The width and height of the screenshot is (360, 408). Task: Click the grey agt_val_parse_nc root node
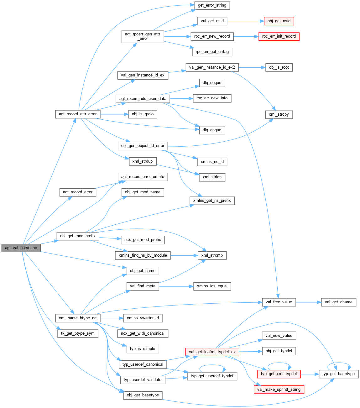coord(21,248)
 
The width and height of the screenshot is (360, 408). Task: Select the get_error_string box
coord(212,5)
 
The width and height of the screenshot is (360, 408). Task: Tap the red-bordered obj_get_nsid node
coord(279,21)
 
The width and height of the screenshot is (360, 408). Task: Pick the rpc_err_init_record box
coord(279,36)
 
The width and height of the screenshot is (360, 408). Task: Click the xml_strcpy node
coord(279,114)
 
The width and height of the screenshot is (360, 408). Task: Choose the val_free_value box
coord(279,302)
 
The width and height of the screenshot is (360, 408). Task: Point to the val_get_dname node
coord(339,302)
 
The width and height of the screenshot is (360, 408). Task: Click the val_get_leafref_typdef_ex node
coord(212,352)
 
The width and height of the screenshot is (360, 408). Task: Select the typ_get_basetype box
coord(338,374)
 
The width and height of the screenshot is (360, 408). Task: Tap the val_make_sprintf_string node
coord(279,390)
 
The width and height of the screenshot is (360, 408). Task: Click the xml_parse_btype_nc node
coord(78,318)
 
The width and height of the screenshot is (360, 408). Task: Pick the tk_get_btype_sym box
coord(78,333)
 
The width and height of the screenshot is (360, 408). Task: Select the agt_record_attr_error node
coord(78,114)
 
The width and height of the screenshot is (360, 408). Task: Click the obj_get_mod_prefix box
coord(78,236)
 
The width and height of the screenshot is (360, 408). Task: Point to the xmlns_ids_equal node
coord(212,286)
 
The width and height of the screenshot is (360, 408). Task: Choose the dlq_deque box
coord(212,83)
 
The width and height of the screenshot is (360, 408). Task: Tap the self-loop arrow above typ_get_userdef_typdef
coord(212,365)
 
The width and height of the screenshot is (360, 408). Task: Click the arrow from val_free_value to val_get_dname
coord(308,302)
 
